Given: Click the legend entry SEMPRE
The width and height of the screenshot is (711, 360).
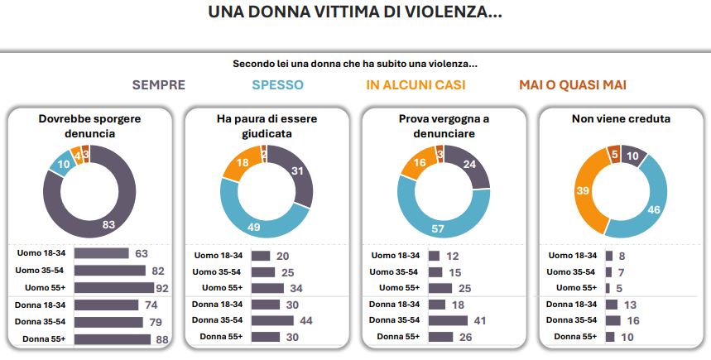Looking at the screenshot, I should [x=158, y=84].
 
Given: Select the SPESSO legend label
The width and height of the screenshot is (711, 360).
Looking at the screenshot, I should [x=277, y=84].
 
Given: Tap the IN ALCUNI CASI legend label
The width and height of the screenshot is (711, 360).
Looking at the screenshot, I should [x=416, y=84].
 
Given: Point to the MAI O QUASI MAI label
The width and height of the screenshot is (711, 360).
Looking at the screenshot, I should [x=572, y=84].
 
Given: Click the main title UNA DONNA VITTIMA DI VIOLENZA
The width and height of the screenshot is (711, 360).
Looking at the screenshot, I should [x=355, y=12].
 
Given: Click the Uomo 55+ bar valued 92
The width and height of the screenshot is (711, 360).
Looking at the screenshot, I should [x=114, y=288].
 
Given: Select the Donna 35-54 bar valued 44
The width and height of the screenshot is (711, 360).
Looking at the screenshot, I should [x=275, y=320].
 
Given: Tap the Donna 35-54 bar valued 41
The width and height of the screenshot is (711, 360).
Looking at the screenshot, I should [x=448, y=320].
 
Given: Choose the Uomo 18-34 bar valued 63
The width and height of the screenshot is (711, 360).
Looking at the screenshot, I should [x=102, y=254].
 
